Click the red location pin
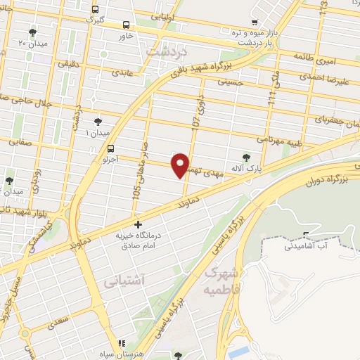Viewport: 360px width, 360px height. [x=181, y=165]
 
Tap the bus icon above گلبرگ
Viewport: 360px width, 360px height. [x=96, y=9]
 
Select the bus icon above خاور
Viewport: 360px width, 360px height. [x=127, y=24]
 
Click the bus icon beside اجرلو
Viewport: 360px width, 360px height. [x=110, y=148]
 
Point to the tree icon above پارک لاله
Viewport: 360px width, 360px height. [x=245, y=158]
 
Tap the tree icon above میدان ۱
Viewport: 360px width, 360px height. [x=98, y=122]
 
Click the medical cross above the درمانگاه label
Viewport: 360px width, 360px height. [x=138, y=225]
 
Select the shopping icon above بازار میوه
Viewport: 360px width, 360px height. [x=254, y=22]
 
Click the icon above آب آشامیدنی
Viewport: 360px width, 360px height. [x=305, y=235]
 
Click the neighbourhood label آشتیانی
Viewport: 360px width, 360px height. [x=124, y=281]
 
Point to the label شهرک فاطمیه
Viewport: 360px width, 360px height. [x=221, y=279]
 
